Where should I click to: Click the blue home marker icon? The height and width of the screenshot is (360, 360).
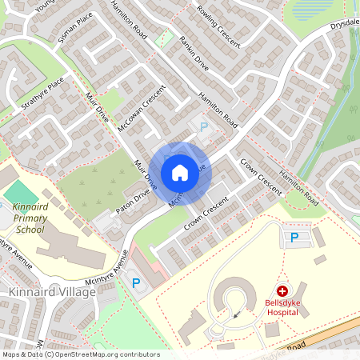click(180, 173)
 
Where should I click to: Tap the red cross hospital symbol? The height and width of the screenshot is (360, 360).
click(282, 292)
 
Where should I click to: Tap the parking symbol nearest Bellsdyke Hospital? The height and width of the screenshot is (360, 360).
click(294, 237)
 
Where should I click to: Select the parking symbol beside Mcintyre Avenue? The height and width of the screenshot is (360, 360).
click(135, 282)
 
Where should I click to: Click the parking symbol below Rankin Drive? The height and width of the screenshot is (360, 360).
click(203, 126)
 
